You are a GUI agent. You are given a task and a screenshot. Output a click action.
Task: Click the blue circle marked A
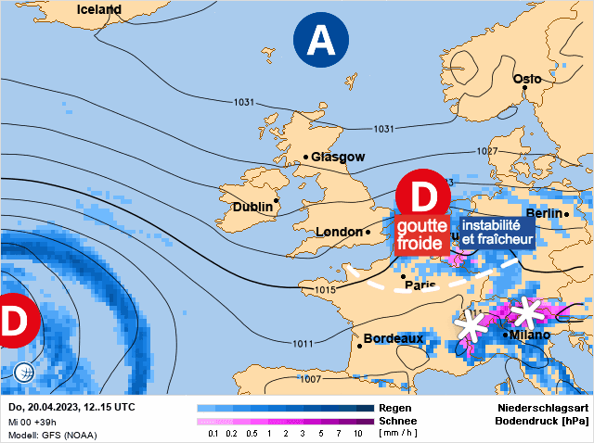coord(320,40)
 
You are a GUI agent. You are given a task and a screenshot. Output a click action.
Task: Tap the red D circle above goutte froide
coord(423,196)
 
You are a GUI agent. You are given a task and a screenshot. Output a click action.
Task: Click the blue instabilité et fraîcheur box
coord(497,232)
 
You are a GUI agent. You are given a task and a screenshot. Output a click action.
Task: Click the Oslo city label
coord(526,79)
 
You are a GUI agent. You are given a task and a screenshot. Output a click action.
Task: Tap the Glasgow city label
coord(338,157)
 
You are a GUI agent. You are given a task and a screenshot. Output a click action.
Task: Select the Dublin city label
coord(252,206)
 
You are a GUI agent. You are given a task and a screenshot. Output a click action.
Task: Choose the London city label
coord(338,232)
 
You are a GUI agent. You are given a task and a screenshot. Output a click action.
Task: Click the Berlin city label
coord(545,213)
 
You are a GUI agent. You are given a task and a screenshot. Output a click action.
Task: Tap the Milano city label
coord(529,335)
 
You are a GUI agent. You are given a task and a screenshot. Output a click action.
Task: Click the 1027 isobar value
coord(487,151)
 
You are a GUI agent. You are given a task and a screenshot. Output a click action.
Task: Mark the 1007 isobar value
coord(311,378)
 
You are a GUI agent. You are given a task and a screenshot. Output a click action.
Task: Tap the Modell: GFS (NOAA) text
coord(52,434)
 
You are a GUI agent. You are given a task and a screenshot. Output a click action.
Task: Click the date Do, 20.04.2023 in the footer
coord(46,407)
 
